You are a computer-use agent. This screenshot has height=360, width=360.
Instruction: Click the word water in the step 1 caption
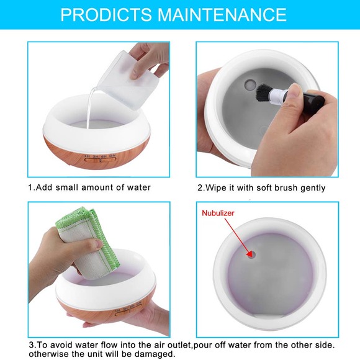(137, 187)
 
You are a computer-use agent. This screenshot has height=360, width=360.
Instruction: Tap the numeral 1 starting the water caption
(30, 187)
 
